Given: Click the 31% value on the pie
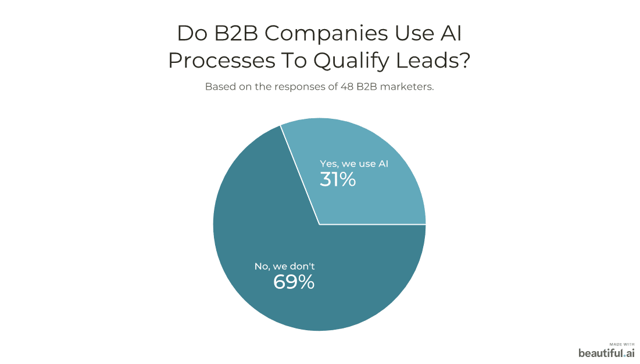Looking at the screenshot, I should tap(338, 180).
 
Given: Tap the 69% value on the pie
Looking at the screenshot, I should tap(294, 282).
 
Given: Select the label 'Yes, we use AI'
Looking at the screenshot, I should tap(354, 164).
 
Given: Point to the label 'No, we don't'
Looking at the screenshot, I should tap(284, 266).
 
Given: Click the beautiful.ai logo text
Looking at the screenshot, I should tap(606, 352).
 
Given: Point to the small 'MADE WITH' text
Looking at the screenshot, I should tap(622, 344).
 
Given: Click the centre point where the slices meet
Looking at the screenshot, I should tap(319, 224).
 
